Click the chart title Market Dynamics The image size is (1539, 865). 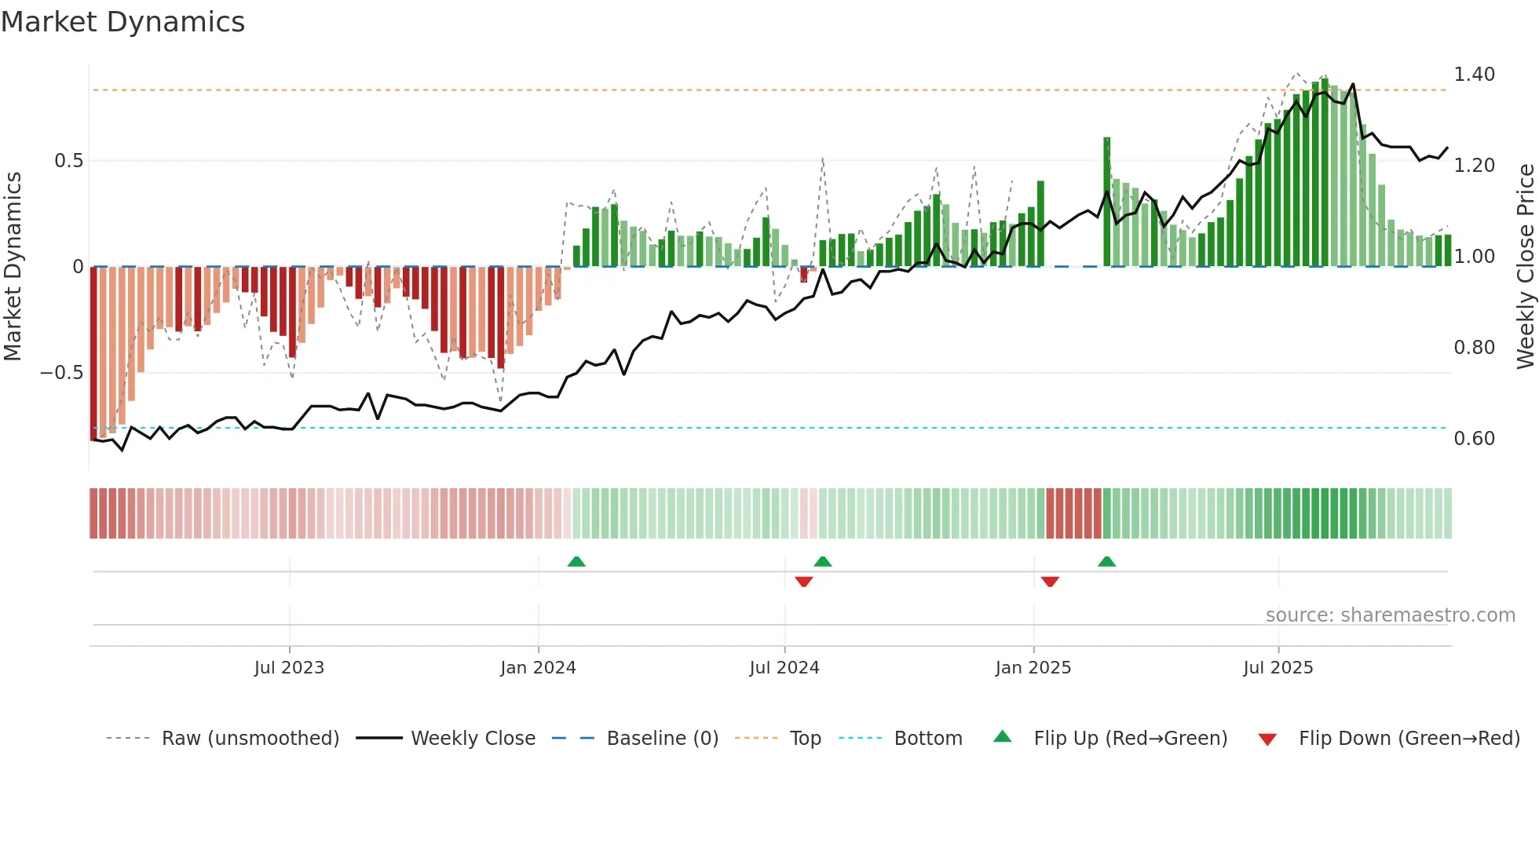point(123,22)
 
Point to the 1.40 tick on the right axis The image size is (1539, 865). point(1474,75)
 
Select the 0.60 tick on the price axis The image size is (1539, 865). point(1474,439)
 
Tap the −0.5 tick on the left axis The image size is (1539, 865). point(62,373)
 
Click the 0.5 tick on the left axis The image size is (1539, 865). point(68,161)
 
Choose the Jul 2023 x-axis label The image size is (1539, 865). point(289,668)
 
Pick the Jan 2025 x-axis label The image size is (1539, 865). point(1033,668)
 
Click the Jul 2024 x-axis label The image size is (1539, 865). point(784,668)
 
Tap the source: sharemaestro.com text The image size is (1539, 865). point(1390,615)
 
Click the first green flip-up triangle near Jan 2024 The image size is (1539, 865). point(576,561)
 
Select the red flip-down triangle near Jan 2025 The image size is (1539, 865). point(1050,582)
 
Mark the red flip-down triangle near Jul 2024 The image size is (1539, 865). point(803,582)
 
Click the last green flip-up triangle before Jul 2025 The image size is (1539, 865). point(1106,561)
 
